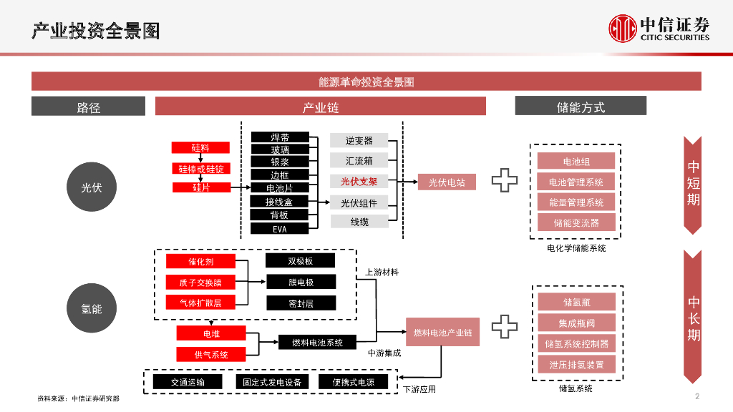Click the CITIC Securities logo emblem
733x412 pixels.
click(622, 29)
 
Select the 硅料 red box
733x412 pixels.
click(200, 147)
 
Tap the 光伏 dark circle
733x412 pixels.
click(91, 187)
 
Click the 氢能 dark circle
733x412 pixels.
click(91, 309)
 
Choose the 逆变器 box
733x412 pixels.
click(359, 140)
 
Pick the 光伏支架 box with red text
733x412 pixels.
click(359, 182)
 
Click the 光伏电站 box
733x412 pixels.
click(447, 182)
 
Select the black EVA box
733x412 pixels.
click(279, 229)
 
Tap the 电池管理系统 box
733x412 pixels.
click(576, 182)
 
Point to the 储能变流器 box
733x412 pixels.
click(576, 222)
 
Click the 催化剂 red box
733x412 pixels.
click(200, 262)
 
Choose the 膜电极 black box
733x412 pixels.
click(301, 283)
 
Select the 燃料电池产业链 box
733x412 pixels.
click(442, 333)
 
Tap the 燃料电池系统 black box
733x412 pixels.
click(317, 343)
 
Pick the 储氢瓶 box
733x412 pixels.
click(576, 302)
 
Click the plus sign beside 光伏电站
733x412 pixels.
click(504, 182)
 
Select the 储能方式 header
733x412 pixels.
click(581, 107)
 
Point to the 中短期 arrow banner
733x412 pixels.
click(693, 184)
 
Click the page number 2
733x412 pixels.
click(696, 397)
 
